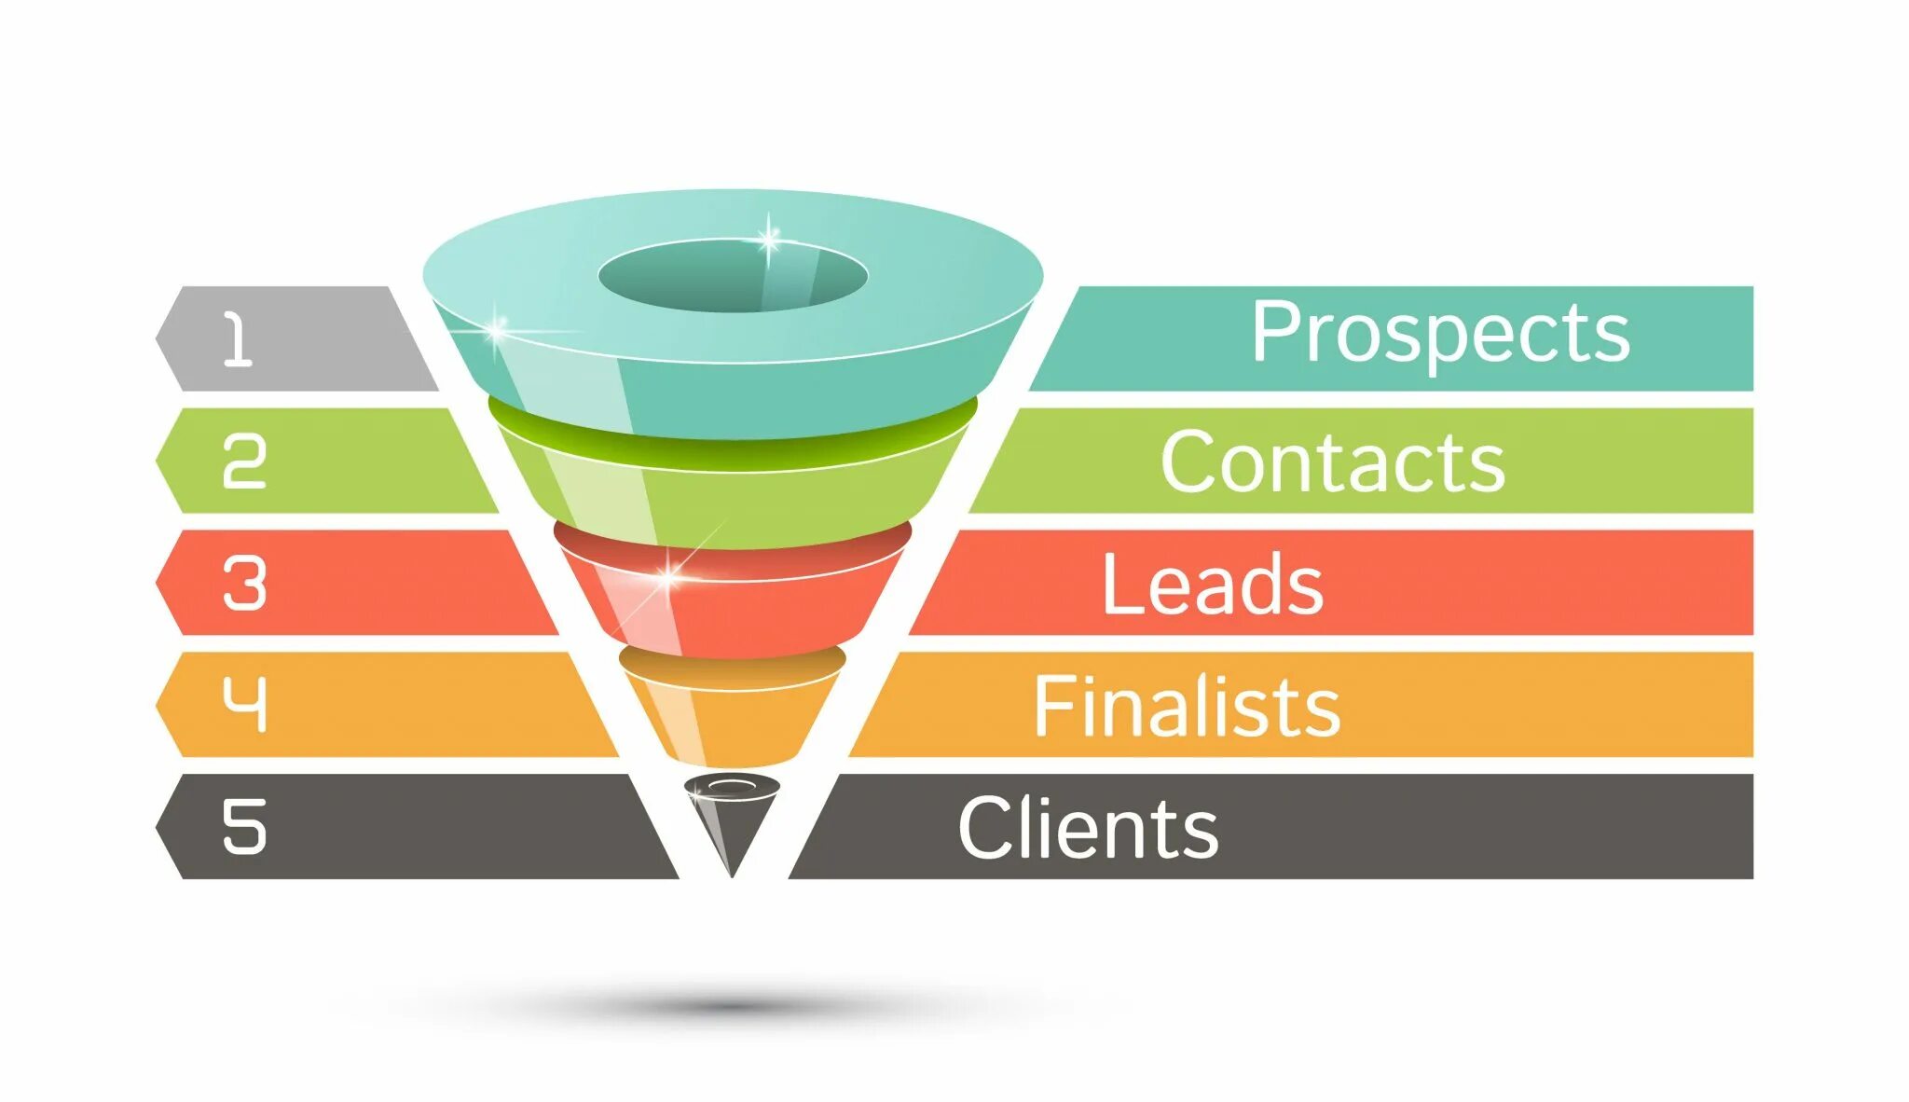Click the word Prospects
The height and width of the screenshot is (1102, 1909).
coord(1440,334)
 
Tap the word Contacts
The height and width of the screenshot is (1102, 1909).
coord(1332,461)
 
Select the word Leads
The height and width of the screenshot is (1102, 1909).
coord(1212,584)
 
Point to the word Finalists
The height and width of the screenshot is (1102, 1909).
coord(1187,706)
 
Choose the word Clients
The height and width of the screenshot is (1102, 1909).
coord(1088,827)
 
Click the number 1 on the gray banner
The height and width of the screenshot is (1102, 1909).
coord(238,338)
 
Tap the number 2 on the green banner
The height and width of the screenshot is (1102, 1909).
coord(244,461)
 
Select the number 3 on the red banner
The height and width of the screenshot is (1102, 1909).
coord(244,584)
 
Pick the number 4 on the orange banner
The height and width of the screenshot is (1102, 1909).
coord(244,704)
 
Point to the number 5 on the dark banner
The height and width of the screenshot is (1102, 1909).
coord(244,826)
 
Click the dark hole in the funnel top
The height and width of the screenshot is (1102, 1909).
coord(733,276)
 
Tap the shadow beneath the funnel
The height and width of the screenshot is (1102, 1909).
coord(733,1005)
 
